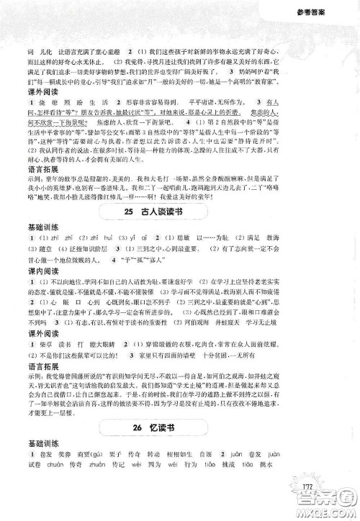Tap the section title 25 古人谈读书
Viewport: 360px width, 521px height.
pos(179,210)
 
